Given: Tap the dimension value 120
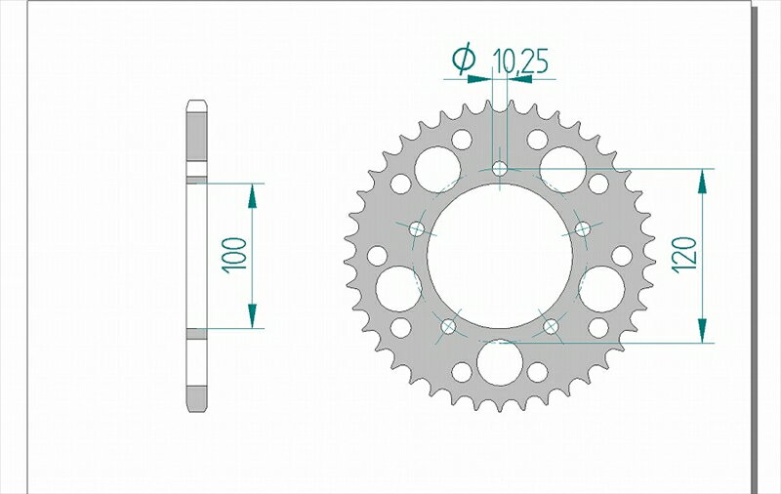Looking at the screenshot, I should pos(684,256).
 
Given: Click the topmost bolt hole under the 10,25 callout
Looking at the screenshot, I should pos(500,169).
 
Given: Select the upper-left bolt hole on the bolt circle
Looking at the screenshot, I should pos(418,228).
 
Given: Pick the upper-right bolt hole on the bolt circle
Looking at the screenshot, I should pos(583,228).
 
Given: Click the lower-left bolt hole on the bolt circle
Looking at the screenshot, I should pos(449,325).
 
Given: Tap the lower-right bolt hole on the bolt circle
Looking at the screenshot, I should pos(551,325).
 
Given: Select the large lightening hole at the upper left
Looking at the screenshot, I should pos(436,168).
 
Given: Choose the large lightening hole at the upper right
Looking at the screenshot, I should pos(563,168).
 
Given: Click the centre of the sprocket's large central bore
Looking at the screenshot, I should pos(500,256).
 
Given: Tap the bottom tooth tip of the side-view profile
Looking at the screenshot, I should pos(195,408).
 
